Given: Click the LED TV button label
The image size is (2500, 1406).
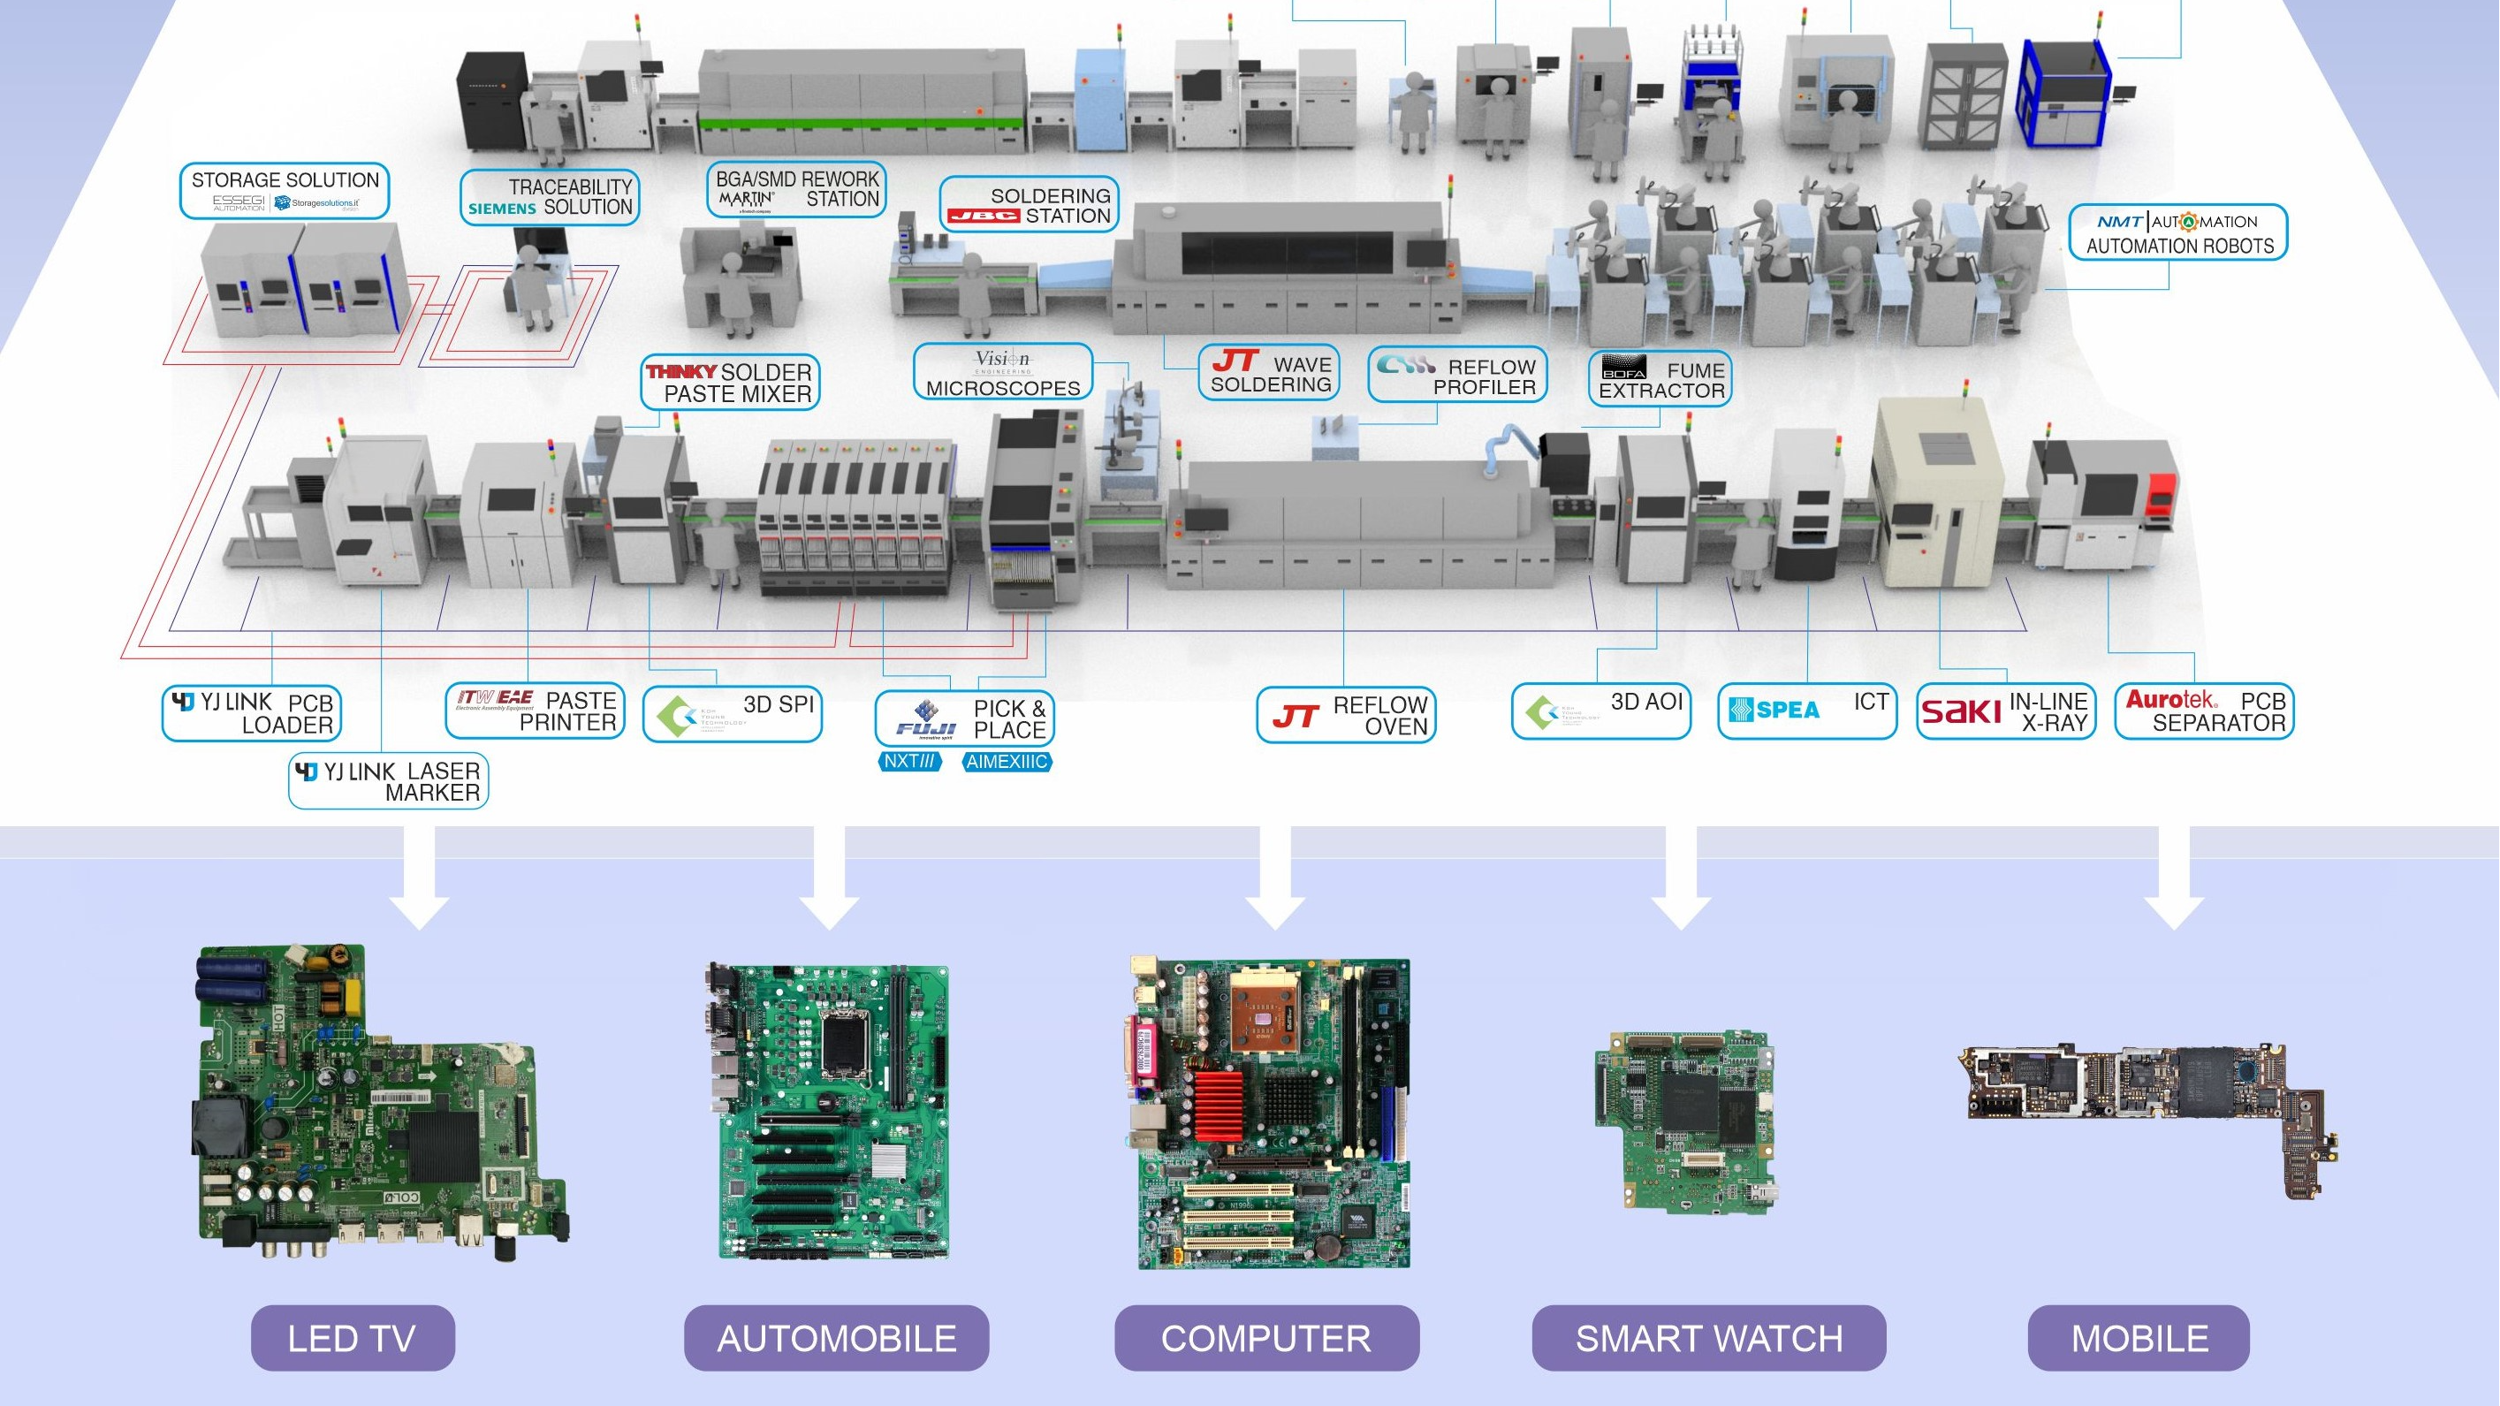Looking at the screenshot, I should tap(353, 1338).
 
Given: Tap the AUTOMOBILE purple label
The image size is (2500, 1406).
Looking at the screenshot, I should tap(836, 1338).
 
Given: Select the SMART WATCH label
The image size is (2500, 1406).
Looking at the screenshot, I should tap(1708, 1338).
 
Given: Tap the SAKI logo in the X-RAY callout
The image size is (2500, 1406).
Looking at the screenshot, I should tap(1960, 711).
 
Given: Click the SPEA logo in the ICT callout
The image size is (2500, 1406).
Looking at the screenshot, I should tap(1774, 711).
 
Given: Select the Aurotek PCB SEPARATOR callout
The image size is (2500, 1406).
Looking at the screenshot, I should tap(2203, 711).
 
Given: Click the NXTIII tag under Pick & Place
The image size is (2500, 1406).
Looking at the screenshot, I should tap(909, 762).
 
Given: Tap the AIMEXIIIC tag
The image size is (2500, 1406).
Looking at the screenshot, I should tap(1007, 762).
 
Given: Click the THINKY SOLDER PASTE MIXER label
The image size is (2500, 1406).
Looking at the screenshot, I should tap(730, 383).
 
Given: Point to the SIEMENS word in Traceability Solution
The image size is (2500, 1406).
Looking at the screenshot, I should tap(502, 209).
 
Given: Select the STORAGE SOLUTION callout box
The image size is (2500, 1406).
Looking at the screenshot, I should tap(285, 190).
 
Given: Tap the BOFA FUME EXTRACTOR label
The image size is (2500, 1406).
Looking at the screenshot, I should tap(1660, 379).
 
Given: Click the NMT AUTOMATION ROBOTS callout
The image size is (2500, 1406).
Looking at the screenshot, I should tap(2178, 233).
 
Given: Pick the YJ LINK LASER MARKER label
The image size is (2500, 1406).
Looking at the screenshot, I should tap(388, 781).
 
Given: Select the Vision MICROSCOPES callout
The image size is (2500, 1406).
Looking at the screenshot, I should tap(1002, 373).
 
